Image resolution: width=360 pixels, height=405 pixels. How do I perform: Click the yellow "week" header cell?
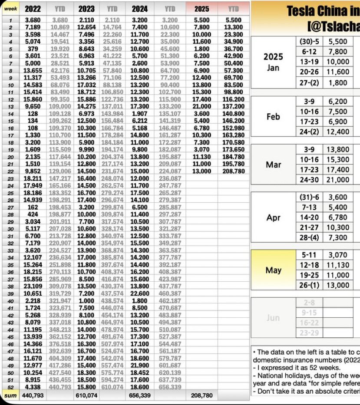click(10, 8)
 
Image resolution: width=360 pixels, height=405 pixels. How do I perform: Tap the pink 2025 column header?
click(201, 8)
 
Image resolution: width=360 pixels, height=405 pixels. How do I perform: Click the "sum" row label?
click(10, 395)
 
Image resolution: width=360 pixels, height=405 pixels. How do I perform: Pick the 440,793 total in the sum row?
click(33, 395)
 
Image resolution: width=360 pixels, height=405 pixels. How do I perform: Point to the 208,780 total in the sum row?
click(201, 395)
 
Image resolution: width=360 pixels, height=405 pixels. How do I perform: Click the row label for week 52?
click(10, 387)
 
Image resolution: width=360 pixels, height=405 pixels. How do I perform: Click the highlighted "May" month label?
click(273, 270)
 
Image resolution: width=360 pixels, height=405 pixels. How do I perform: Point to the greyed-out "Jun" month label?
click(273, 317)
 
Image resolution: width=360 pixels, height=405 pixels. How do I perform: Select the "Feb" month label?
click(273, 116)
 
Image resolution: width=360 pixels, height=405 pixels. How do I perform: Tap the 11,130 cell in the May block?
click(338, 265)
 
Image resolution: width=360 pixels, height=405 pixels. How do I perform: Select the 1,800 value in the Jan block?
click(338, 83)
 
